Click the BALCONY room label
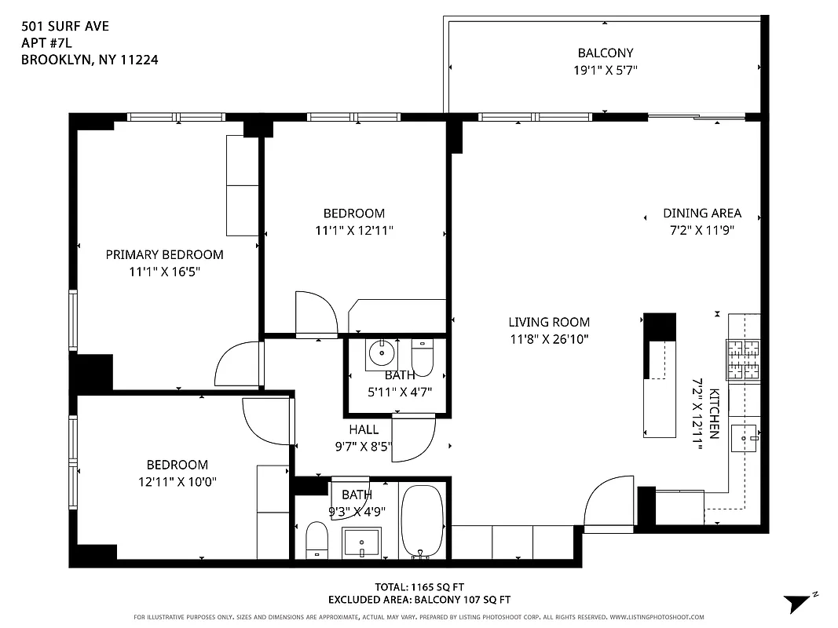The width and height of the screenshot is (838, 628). pyautogui.click(x=605, y=53)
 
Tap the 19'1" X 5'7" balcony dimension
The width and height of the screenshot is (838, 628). pyautogui.click(x=605, y=71)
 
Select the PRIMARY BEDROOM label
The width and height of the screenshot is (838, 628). pyautogui.click(x=164, y=254)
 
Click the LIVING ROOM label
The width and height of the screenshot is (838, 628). pyautogui.click(x=548, y=322)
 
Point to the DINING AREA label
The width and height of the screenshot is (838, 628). pyautogui.click(x=701, y=214)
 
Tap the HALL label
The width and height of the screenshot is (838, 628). pyautogui.click(x=364, y=429)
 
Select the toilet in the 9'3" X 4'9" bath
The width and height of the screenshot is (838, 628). pyautogui.click(x=317, y=541)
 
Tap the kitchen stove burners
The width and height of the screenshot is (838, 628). pyautogui.click(x=744, y=360)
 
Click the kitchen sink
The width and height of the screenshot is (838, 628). pyautogui.click(x=744, y=438)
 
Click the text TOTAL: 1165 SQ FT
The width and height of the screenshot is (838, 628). pyautogui.click(x=408, y=586)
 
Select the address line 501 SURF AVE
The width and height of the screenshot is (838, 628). pyautogui.click(x=65, y=26)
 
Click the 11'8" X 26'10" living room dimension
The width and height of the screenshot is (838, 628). pyautogui.click(x=548, y=339)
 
